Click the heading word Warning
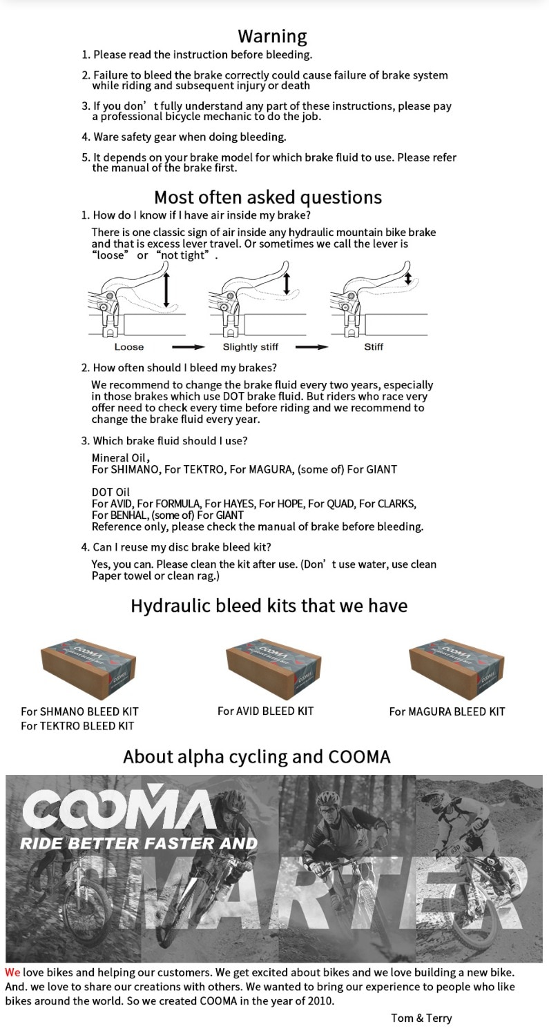pyautogui.click(x=272, y=36)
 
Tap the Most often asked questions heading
pyautogui.click(x=268, y=197)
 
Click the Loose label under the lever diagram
pyautogui.click(x=129, y=346)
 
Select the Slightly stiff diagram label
pyautogui.click(x=250, y=346)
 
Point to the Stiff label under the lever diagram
pyautogui.click(x=374, y=346)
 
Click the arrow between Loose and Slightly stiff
pyautogui.click(x=188, y=346)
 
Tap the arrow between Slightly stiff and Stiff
pyautogui.click(x=312, y=346)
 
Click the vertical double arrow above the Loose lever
pyautogui.click(x=166, y=289)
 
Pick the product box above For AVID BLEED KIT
pyautogui.click(x=273, y=668)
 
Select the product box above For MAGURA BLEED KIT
pyautogui.click(x=456, y=668)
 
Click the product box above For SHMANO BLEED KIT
pyautogui.click(x=88, y=668)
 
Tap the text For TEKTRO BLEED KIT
pyautogui.click(x=77, y=726)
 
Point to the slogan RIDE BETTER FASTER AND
pyautogui.click(x=138, y=843)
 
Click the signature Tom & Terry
pyautogui.click(x=421, y=1018)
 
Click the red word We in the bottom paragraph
pyautogui.click(x=12, y=972)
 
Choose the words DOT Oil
pyautogui.click(x=110, y=492)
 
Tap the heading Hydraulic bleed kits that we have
pyautogui.click(x=269, y=606)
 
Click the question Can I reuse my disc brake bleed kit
pyautogui.click(x=182, y=547)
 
